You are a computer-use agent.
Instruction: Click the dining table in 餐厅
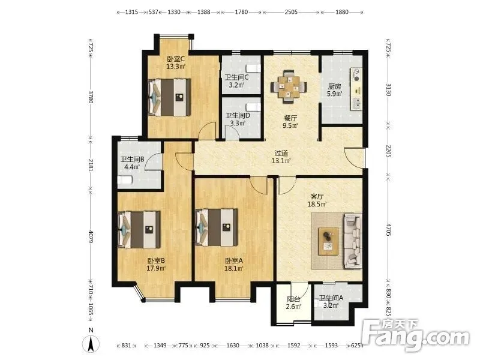[289, 86]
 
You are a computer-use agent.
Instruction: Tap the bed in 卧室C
[169, 98]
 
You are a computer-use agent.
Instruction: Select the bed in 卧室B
[139, 230]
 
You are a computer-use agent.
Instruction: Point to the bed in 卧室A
[217, 227]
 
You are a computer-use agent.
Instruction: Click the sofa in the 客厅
[353, 241]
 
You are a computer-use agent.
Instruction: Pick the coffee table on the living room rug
[328, 241]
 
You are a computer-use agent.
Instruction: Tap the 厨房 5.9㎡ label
[334, 90]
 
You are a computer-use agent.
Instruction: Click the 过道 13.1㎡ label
[281, 157]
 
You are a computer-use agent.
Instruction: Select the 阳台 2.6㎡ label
[293, 303]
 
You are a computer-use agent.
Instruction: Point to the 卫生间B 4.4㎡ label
[132, 163]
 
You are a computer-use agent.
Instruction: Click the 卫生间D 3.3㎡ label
[238, 119]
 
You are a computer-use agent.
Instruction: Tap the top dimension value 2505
[291, 12]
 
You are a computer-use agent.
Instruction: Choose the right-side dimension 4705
[388, 230]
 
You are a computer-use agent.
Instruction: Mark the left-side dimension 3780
[91, 97]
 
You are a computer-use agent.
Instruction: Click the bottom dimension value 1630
[233, 346]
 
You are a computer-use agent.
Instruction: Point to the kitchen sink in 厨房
[356, 103]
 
